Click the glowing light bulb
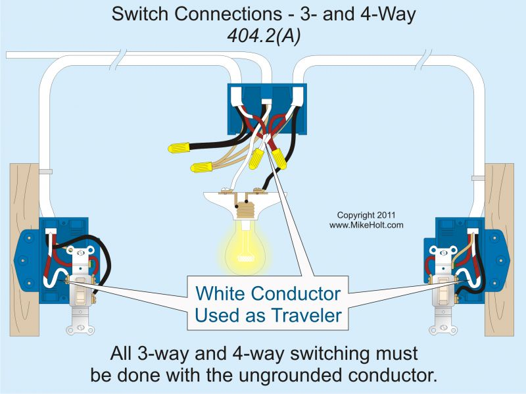tap(243, 246)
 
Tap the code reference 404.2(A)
tap(262, 37)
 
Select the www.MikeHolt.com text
tap(366, 225)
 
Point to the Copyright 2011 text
tap(367, 215)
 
